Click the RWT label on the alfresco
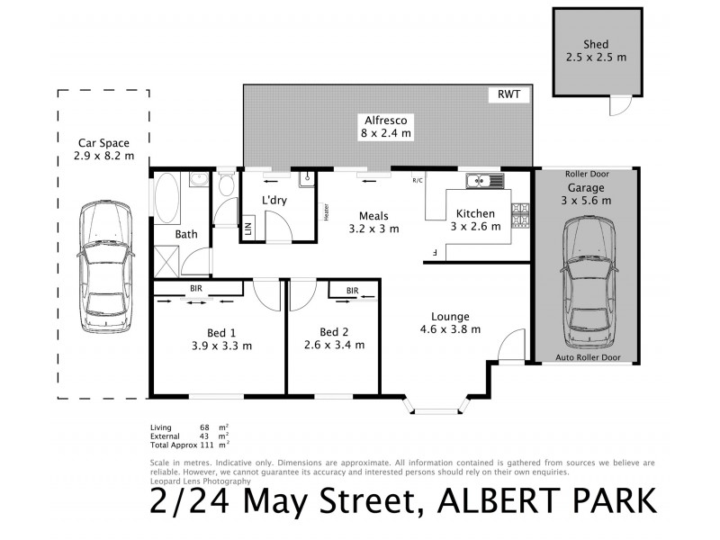click(x=508, y=94)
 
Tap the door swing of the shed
click(x=617, y=106)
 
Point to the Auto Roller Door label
click(x=588, y=357)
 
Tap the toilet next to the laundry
click(x=226, y=186)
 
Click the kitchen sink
click(x=487, y=181)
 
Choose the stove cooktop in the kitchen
click(x=521, y=215)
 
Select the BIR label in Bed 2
click(x=352, y=290)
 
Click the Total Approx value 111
click(x=211, y=445)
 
